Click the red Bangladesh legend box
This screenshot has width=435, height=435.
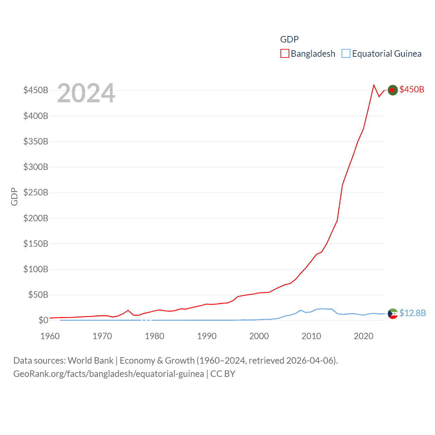[285, 54]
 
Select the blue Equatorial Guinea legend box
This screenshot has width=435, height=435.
[346, 54]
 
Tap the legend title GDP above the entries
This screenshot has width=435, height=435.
[289, 39]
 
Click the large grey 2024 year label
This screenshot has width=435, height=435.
[86, 93]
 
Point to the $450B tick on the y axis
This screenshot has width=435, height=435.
[36, 90]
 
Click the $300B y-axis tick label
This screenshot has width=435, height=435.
[36, 167]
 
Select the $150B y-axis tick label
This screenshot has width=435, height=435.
[36, 244]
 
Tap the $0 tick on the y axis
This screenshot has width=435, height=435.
[43, 320]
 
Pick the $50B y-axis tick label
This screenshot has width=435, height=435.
[38, 295]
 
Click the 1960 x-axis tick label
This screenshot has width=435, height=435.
[50, 336]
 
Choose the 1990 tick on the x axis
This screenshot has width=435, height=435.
[207, 336]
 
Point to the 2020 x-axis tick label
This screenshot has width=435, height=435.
[363, 336]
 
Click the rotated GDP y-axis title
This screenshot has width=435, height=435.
[14, 196]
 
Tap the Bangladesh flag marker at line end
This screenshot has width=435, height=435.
[393, 90]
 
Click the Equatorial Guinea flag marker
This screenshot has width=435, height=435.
[393, 313]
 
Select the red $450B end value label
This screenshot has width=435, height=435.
[412, 89]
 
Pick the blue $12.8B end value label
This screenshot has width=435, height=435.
[413, 313]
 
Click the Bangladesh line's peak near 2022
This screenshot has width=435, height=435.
[374, 85]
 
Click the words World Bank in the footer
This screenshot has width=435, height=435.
[90, 360]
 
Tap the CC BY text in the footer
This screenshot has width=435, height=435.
[223, 374]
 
